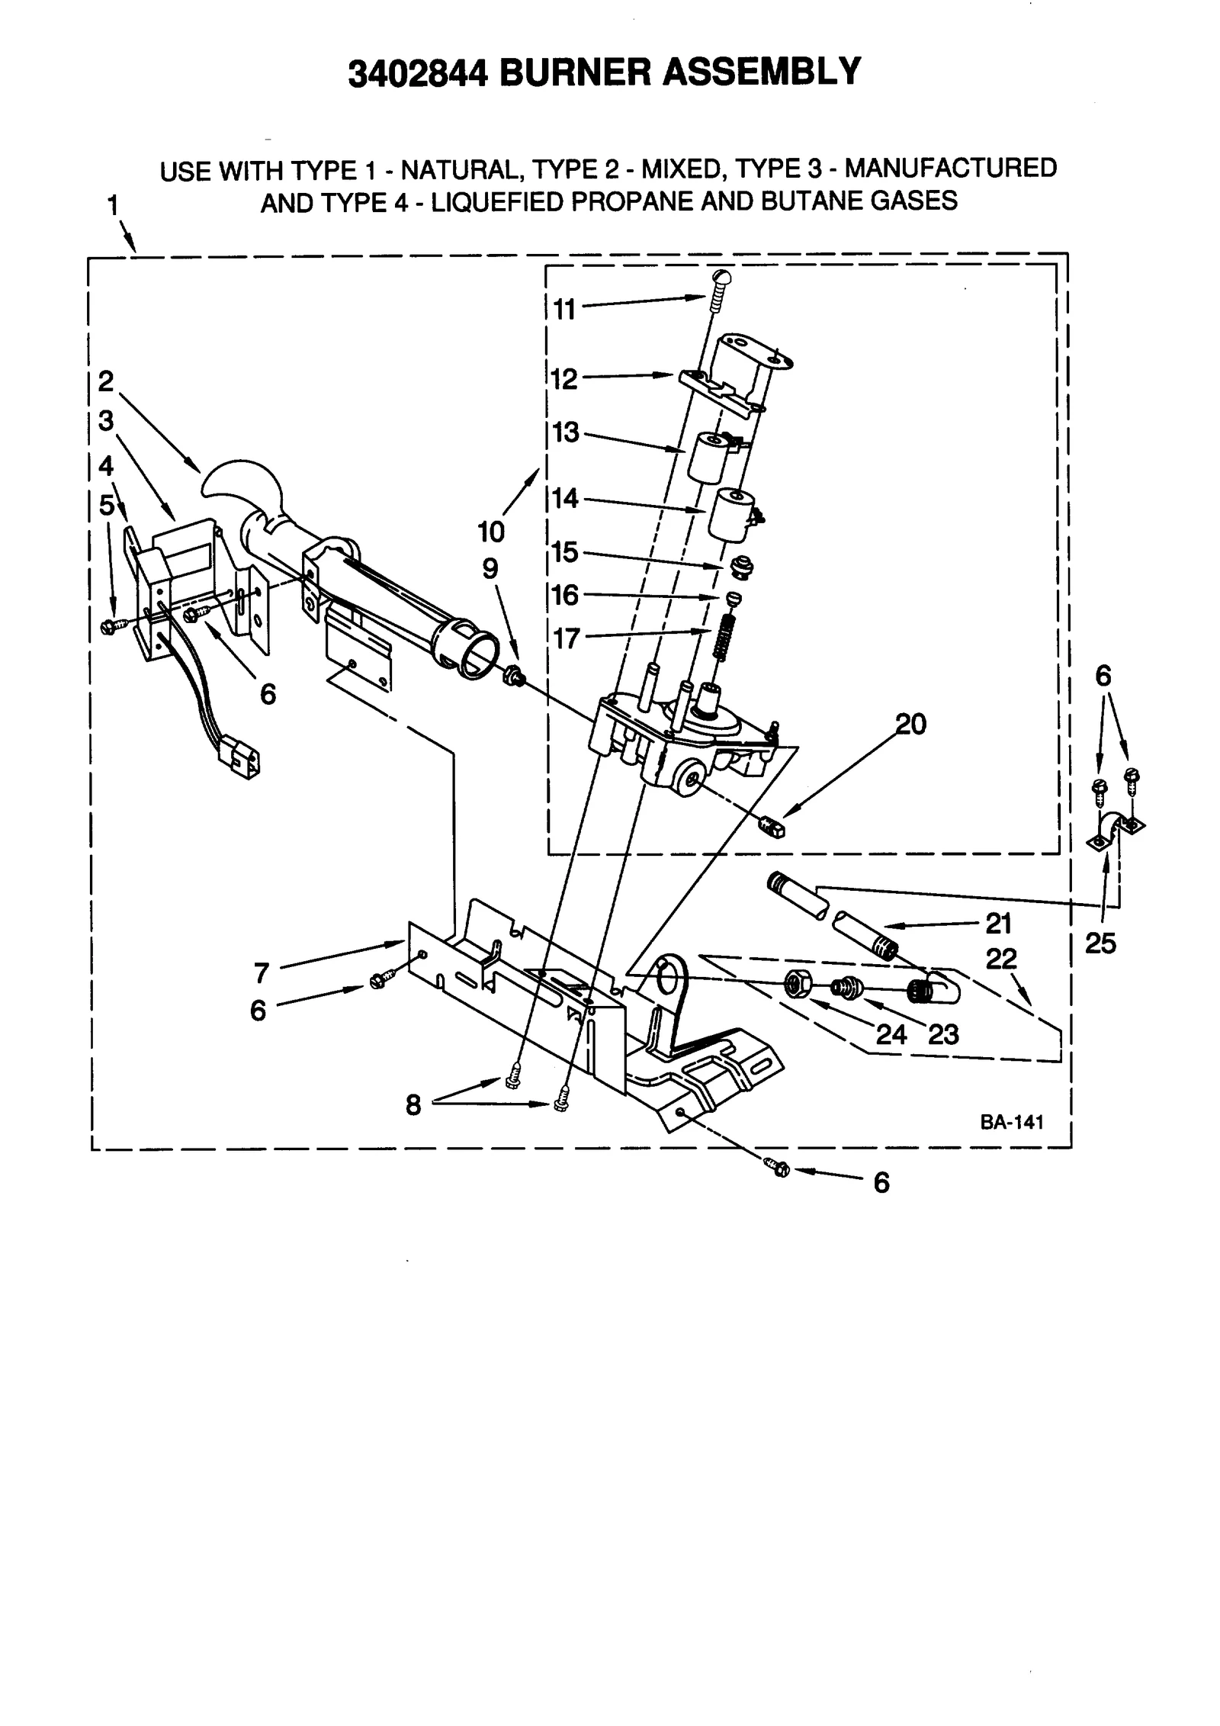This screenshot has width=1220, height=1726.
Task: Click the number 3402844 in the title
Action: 416,73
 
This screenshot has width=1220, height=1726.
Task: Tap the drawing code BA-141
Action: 1012,1122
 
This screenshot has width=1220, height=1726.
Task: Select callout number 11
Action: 564,310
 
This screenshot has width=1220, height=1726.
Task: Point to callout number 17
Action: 567,638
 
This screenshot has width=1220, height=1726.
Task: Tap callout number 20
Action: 910,723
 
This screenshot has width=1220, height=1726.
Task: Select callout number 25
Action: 1100,944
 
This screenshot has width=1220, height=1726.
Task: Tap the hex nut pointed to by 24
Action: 798,983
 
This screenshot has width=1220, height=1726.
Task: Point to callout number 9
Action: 490,568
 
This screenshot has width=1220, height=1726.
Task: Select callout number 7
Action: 262,973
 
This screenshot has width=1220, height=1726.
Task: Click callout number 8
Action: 413,1104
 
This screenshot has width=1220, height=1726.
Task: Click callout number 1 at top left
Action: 113,205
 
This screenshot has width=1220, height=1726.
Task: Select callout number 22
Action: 1001,959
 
